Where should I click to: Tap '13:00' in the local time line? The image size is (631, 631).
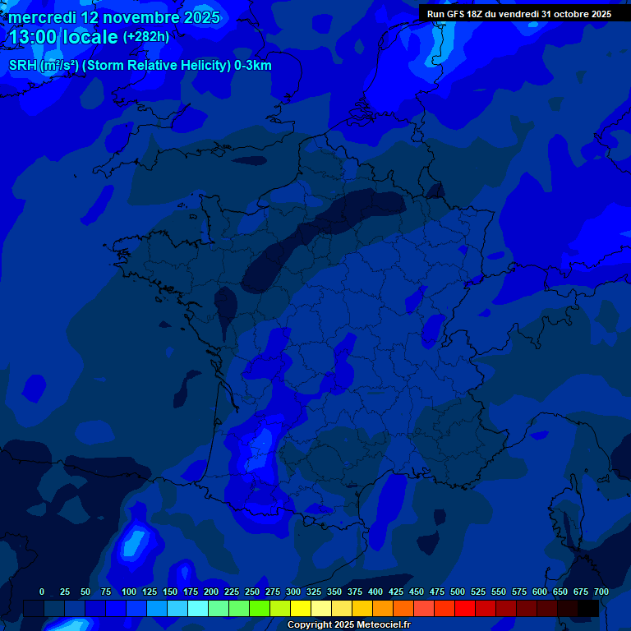33,38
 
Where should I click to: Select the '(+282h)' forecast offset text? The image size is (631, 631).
146,36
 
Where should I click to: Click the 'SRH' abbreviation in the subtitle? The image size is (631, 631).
23,66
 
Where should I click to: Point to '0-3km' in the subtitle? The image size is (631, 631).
252,66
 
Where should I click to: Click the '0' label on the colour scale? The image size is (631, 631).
42,592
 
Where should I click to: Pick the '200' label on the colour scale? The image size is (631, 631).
211,592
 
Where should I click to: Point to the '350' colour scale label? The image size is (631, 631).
334,592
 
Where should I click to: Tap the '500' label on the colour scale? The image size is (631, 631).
458,592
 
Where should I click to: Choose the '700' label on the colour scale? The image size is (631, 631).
601,592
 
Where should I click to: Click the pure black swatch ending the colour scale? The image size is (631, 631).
588,608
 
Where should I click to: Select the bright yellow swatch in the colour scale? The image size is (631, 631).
301,608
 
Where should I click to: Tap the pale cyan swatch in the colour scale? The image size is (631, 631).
198,608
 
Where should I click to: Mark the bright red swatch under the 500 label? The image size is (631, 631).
465,608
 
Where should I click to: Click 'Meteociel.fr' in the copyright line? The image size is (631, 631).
384,625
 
